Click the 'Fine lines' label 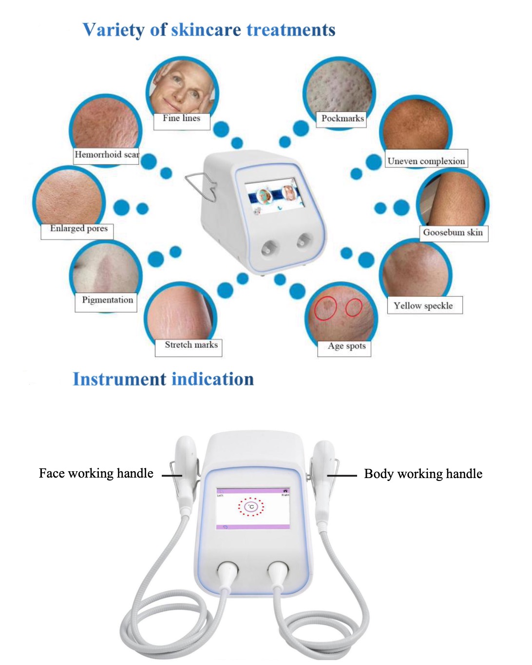181,118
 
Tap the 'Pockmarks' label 342,118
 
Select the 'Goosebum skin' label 453,233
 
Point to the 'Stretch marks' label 191,345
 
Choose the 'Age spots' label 346,346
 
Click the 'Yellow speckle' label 423,306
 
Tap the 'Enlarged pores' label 78,228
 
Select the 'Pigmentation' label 107,300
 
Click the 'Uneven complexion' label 426,161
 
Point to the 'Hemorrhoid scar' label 106,155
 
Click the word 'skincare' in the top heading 206,30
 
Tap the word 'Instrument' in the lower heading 119,379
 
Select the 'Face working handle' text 96,474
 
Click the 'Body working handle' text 423,474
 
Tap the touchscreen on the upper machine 274,196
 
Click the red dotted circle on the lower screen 251,507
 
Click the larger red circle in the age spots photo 325,308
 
